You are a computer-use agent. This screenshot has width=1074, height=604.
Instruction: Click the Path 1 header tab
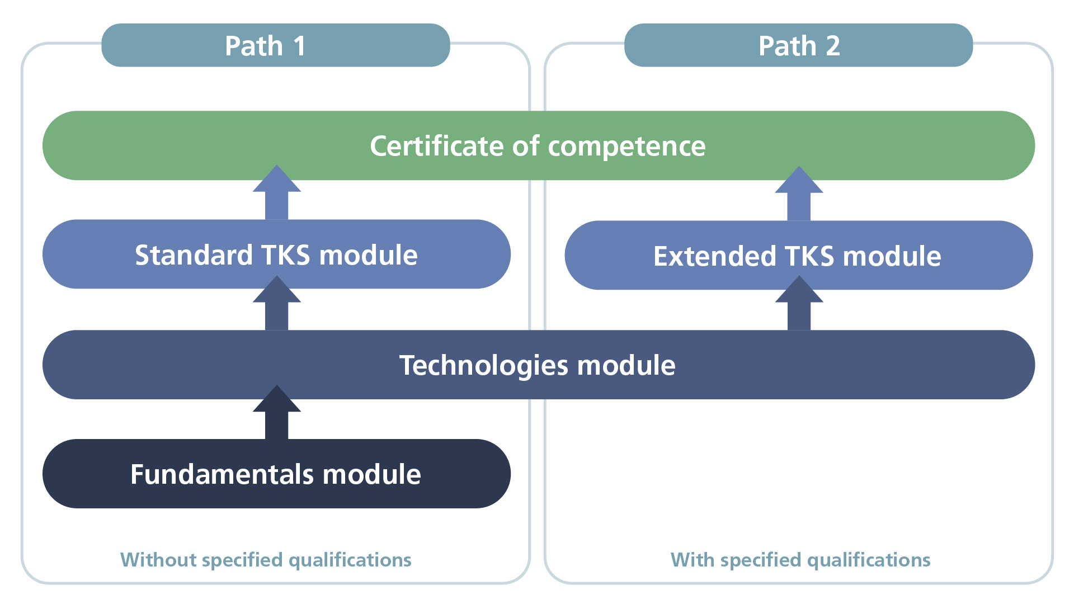(275, 45)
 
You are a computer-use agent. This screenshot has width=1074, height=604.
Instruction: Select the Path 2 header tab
(798, 45)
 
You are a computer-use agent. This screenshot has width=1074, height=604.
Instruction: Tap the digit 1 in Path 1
(300, 46)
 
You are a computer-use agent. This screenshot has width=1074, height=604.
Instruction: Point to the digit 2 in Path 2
(833, 46)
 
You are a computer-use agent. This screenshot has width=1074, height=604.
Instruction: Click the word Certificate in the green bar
(436, 146)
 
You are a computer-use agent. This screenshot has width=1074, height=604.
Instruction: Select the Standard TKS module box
(276, 254)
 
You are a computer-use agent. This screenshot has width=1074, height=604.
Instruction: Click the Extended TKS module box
(798, 256)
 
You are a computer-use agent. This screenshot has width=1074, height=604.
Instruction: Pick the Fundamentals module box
(276, 474)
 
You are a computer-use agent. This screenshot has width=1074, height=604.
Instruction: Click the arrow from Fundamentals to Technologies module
(277, 414)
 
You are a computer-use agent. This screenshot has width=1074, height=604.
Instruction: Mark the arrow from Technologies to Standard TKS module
(277, 305)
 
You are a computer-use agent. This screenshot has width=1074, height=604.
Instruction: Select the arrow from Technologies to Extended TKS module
(799, 305)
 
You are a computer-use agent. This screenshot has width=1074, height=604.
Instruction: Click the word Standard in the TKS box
(194, 255)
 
